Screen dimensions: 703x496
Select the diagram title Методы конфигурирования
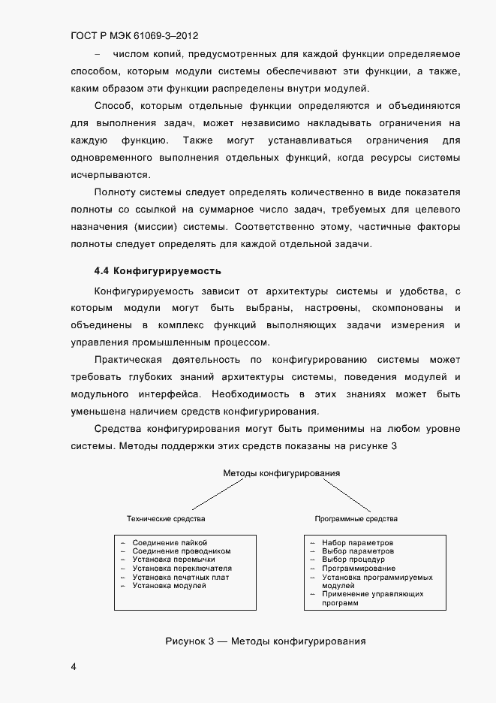(281, 474)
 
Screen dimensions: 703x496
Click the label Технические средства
(166, 519)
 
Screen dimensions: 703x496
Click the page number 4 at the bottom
(73, 666)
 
